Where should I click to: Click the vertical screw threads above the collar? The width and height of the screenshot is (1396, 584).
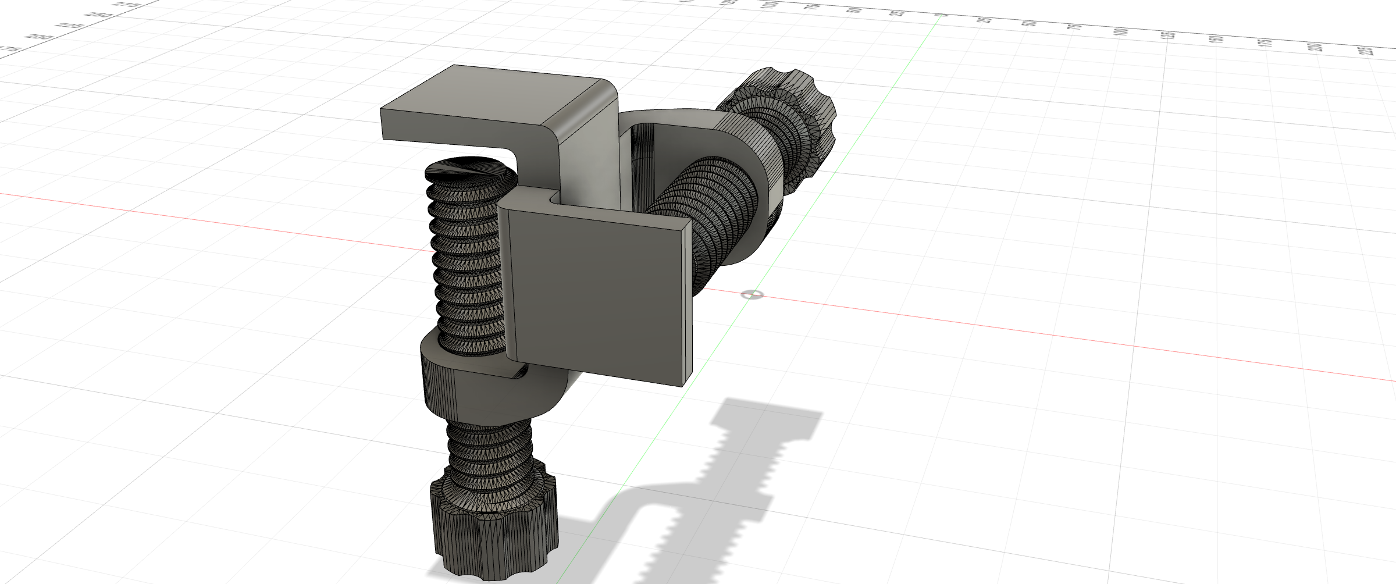tap(465, 262)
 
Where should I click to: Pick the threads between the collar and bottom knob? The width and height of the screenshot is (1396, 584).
tap(489, 454)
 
